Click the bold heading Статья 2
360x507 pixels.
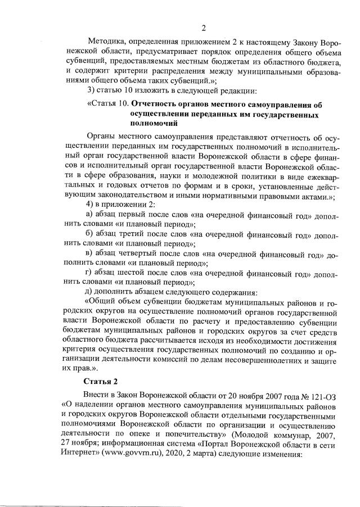click(99, 382)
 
